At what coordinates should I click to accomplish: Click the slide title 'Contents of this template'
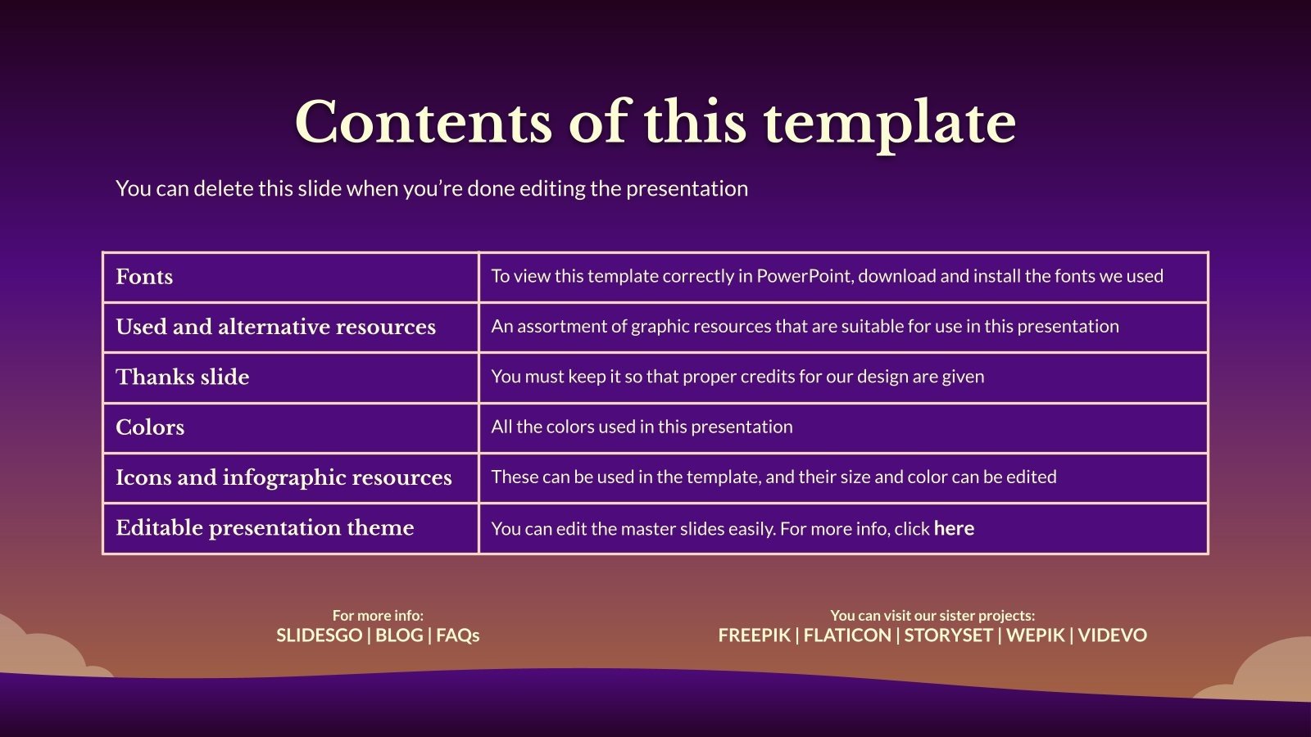pyautogui.click(x=655, y=123)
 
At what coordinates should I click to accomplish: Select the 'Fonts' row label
pyautogui.click(x=144, y=277)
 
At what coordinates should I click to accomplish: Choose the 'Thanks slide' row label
pyautogui.click(x=183, y=378)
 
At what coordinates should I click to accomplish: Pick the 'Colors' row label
pyautogui.click(x=150, y=427)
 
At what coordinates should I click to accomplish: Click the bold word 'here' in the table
pyautogui.click(x=954, y=529)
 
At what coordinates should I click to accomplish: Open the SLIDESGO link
pyautogui.click(x=319, y=635)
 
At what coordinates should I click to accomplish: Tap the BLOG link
pyautogui.click(x=399, y=635)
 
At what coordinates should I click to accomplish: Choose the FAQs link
pyautogui.click(x=458, y=635)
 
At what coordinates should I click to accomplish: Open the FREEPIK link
pyautogui.click(x=755, y=635)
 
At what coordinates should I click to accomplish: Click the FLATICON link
pyautogui.click(x=847, y=635)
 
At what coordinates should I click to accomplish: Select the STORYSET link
pyautogui.click(x=949, y=635)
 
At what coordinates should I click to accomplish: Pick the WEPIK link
pyautogui.click(x=1036, y=635)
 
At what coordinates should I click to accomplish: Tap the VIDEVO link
pyautogui.click(x=1113, y=635)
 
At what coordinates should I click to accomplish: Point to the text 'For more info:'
pyautogui.click(x=378, y=615)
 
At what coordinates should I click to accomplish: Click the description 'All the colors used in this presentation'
pyautogui.click(x=642, y=427)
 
